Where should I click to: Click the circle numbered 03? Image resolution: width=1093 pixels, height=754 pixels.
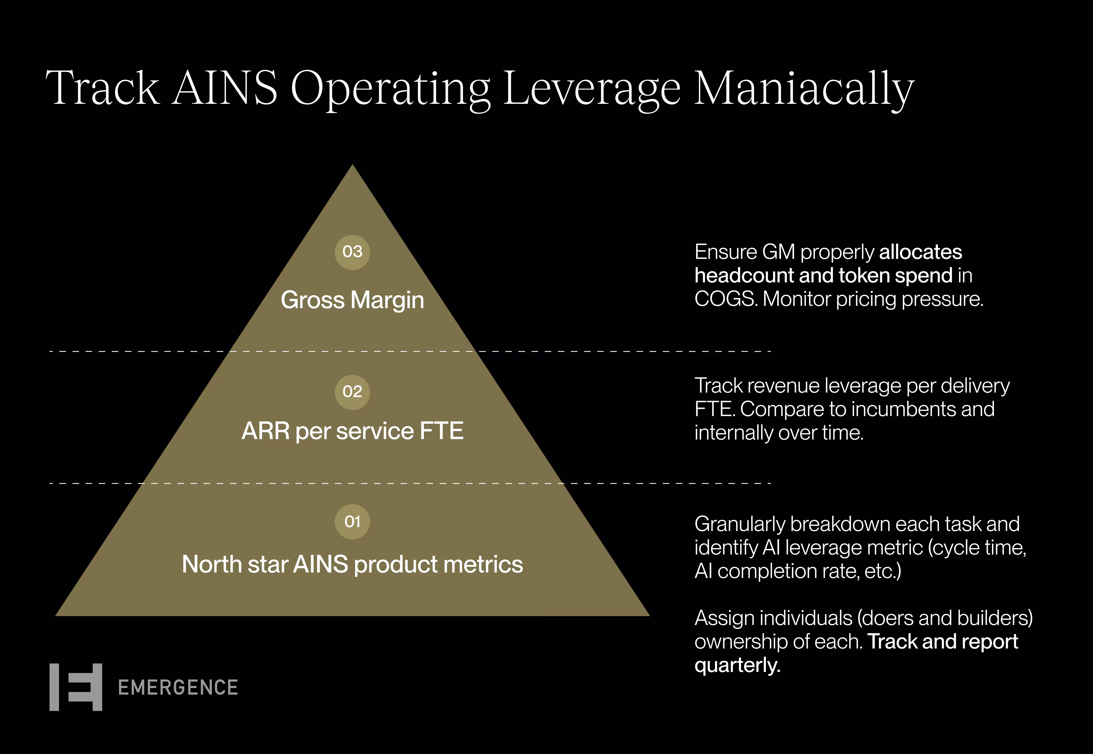coord(352,252)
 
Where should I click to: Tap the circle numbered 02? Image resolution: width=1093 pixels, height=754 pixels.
coord(352,392)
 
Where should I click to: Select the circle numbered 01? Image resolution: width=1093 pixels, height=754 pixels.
coord(352,522)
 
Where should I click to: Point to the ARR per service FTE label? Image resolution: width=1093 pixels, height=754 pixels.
coord(352,431)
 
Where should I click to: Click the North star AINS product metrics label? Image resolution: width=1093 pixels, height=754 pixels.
coord(352,564)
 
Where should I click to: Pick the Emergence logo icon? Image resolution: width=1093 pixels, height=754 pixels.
coord(76,687)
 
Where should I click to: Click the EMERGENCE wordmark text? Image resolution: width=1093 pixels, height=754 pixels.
coord(178,687)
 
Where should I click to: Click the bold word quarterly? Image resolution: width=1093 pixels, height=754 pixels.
coord(737,665)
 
